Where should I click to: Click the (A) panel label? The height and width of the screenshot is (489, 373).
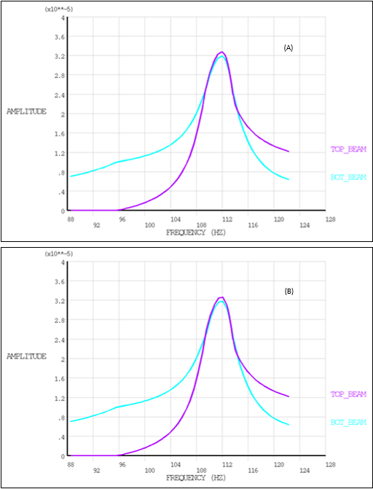(x=288, y=47)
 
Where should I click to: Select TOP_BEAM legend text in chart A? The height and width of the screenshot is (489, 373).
(x=348, y=149)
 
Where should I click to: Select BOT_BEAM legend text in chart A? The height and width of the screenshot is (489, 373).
(x=348, y=176)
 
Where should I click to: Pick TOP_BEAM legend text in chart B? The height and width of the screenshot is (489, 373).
(x=348, y=394)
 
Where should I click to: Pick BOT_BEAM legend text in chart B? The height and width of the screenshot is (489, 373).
(x=348, y=422)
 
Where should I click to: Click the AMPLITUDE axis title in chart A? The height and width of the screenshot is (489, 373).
(x=26, y=112)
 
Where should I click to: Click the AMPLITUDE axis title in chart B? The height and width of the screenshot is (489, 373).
(x=26, y=356)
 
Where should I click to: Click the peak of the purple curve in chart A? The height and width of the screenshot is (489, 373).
(x=222, y=52)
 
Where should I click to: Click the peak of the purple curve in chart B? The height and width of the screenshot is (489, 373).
(x=221, y=297)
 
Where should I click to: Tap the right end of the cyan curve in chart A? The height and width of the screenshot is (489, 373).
(x=289, y=179)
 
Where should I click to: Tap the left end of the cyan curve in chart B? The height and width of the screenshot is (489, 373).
(x=70, y=421)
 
